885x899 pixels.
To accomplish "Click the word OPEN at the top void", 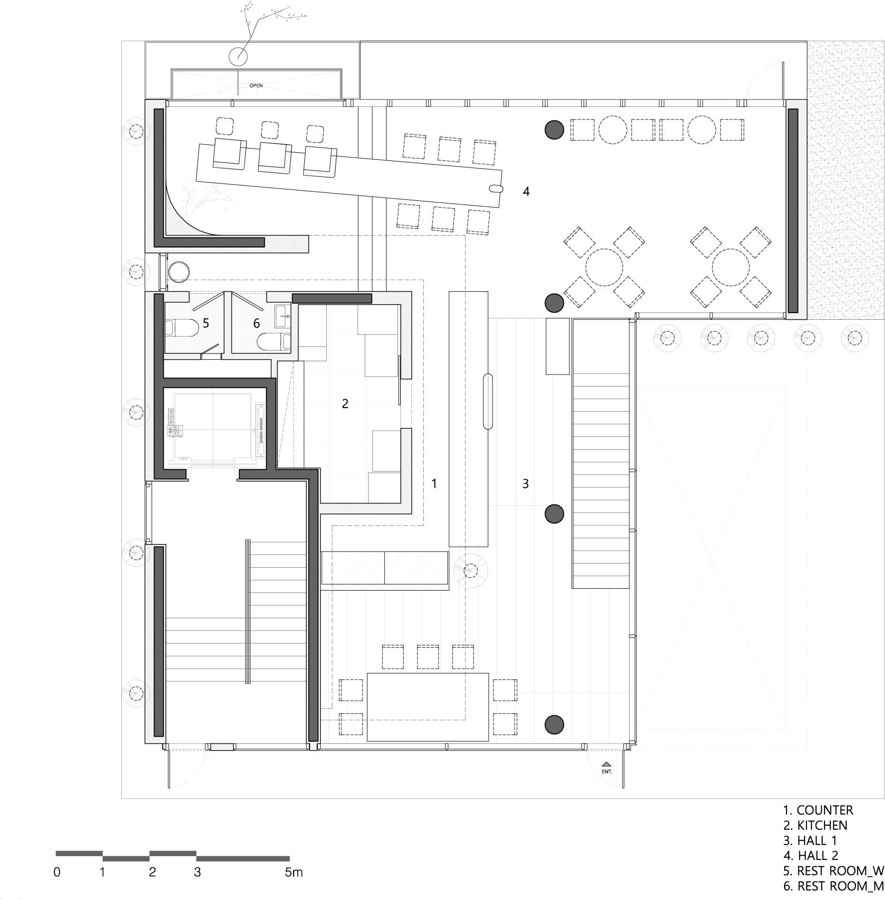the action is pyautogui.click(x=256, y=86).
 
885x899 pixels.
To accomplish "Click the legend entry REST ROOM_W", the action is pyautogui.click(x=833, y=870).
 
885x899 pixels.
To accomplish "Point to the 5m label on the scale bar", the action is pyautogui.click(x=293, y=885).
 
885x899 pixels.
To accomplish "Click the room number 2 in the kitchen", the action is pyautogui.click(x=345, y=404).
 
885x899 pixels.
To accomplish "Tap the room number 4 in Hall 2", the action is pyautogui.click(x=525, y=191).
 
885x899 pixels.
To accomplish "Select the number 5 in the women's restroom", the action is pyautogui.click(x=206, y=323).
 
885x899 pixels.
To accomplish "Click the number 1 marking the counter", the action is pyautogui.click(x=434, y=484).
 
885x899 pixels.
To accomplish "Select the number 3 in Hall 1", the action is pyautogui.click(x=525, y=484).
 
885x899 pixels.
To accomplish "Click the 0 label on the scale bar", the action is pyautogui.click(x=57, y=885).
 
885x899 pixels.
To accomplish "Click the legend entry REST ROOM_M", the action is pyautogui.click(x=834, y=886).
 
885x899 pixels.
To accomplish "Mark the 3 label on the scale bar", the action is pyautogui.click(x=197, y=885).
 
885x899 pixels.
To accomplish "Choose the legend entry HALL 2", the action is pyautogui.click(x=811, y=855).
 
